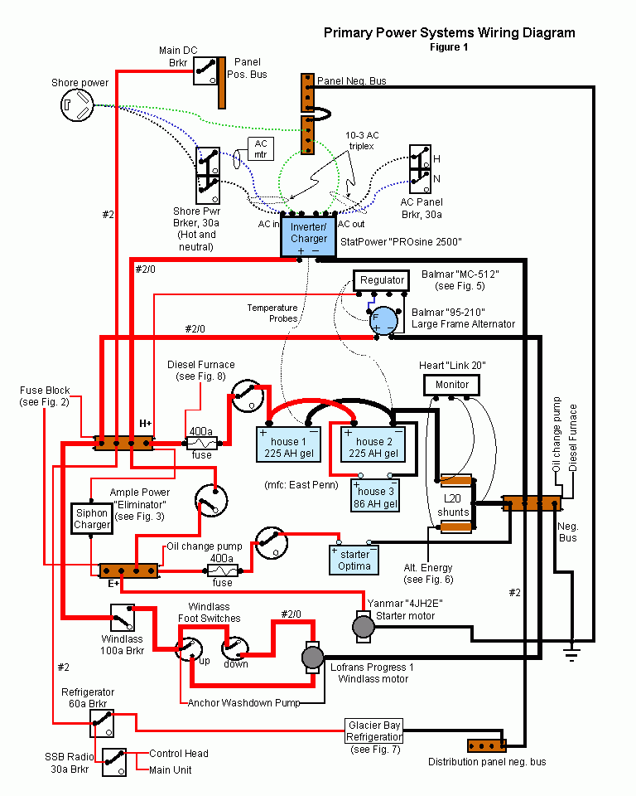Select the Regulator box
coord(382,280)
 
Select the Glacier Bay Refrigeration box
coord(375,730)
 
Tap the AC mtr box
coord(261,148)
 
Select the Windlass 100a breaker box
coord(123,618)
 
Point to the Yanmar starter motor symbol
coord(364,626)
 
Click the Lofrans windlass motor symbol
coord(312,657)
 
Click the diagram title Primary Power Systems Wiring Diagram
coord(449,33)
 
